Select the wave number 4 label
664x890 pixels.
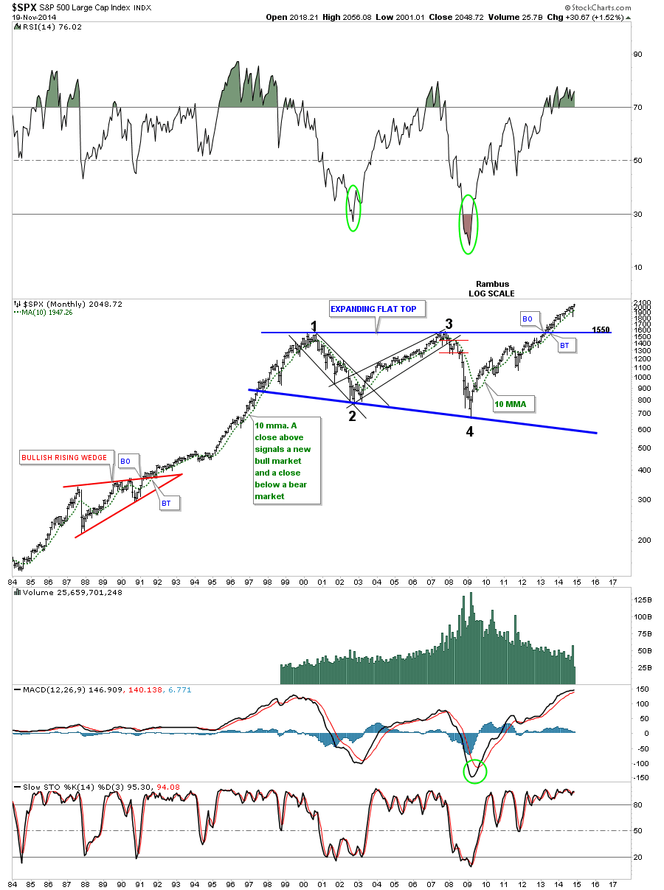(469, 432)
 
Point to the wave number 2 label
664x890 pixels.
(352, 416)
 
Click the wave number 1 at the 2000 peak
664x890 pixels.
(314, 326)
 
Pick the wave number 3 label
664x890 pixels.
(448, 324)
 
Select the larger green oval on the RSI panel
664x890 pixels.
(468, 224)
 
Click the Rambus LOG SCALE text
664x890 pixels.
(492, 288)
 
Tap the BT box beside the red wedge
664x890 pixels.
(167, 503)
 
